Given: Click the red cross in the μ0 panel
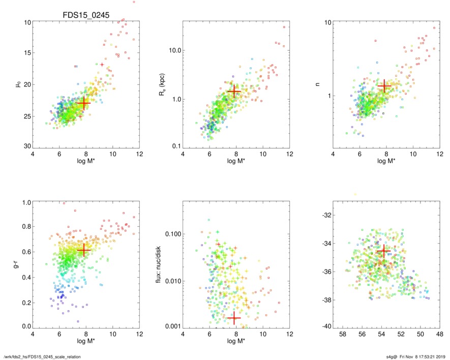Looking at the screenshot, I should coord(83,103).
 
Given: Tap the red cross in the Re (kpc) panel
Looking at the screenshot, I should coord(233,92).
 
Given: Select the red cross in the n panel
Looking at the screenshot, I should coord(384,86).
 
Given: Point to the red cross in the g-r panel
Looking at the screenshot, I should coord(83,250).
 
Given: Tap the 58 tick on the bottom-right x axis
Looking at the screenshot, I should coord(343,335).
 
